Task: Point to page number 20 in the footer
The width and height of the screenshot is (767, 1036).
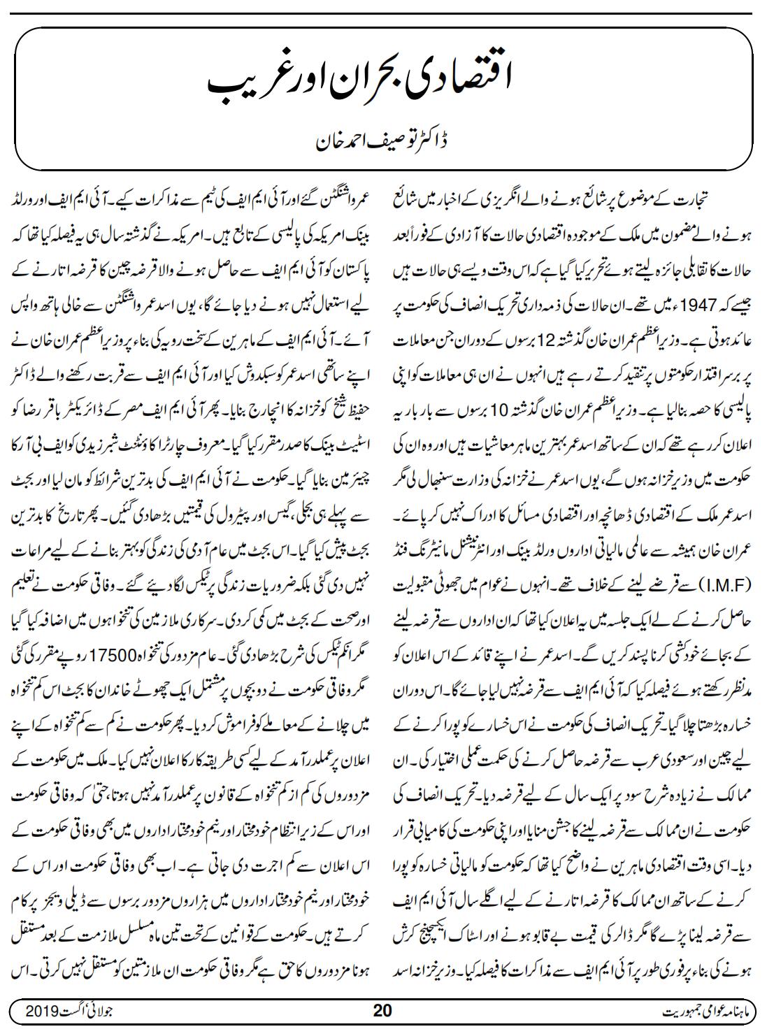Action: pyautogui.click(x=383, y=1012)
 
